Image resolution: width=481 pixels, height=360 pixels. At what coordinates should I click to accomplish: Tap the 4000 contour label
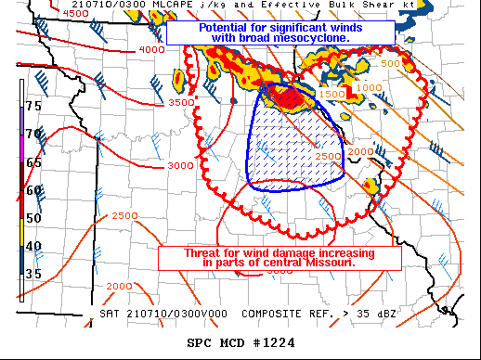151,49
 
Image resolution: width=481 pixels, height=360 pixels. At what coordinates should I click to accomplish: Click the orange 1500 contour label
331,95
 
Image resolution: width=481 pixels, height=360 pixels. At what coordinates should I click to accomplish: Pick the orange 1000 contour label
369,86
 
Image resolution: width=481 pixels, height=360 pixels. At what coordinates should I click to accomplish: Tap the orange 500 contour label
391,63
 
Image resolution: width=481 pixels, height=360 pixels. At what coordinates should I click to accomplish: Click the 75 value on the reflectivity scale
33,107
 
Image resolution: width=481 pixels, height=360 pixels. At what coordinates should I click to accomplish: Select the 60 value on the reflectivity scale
33,190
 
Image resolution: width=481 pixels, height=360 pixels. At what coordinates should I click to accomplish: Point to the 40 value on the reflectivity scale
33,246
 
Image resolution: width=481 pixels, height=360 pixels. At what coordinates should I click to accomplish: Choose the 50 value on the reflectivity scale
33,218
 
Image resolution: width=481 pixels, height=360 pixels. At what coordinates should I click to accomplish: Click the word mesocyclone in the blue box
305,38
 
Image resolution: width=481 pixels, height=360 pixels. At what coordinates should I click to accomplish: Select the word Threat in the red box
187,252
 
